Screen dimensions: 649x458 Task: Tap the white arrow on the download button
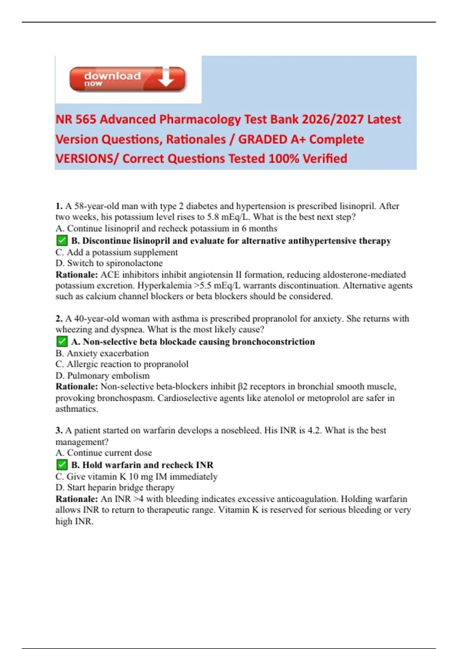point(166,77)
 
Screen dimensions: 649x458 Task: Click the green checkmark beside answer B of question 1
point(61,241)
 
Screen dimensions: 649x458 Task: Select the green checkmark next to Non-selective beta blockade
point(61,341)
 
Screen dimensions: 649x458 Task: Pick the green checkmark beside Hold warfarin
point(61,465)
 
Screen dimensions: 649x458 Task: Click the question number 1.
point(59,206)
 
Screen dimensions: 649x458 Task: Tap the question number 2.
point(59,318)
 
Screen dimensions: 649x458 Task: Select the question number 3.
point(59,430)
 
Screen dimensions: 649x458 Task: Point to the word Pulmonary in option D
point(86,375)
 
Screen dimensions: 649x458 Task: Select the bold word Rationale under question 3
point(77,499)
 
